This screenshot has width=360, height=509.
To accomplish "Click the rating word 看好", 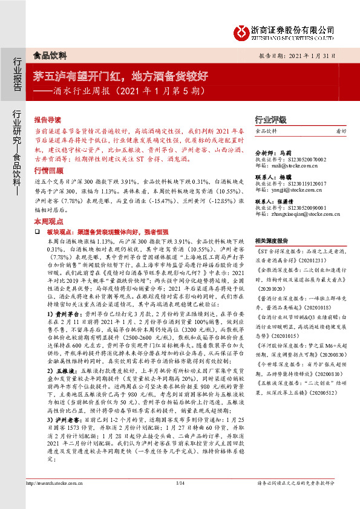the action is pos(341,131).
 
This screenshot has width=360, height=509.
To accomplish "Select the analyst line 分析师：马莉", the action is pos(273,153).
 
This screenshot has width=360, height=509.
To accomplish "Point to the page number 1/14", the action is pos(179,482).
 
